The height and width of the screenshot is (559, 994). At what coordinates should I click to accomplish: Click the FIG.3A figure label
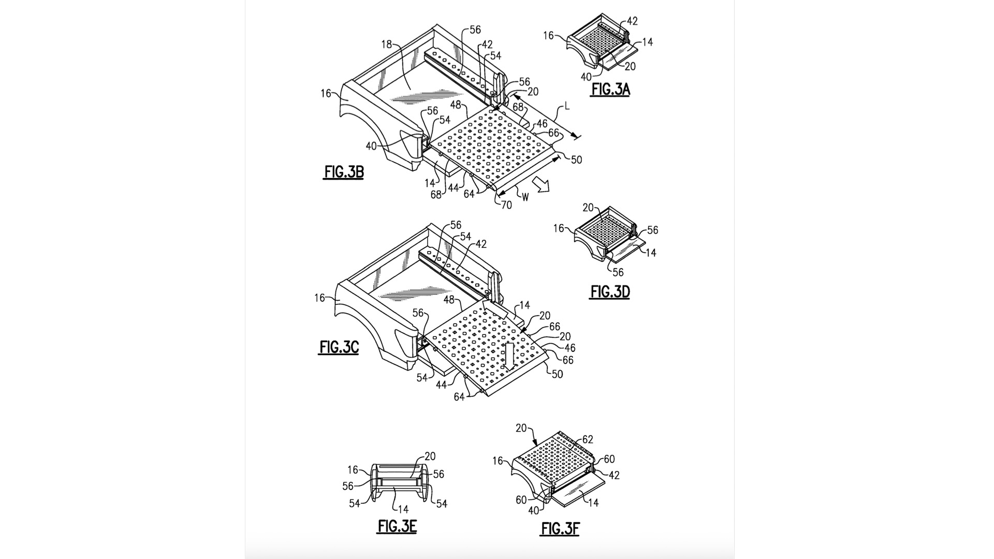(x=610, y=90)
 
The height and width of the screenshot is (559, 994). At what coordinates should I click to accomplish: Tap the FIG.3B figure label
(x=344, y=172)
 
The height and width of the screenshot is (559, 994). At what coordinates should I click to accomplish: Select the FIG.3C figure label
(x=339, y=347)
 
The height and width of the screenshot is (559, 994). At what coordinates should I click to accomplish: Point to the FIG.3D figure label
(x=610, y=292)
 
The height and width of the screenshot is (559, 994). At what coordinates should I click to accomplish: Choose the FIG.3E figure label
(x=397, y=526)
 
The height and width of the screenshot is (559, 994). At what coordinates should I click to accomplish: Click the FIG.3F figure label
(x=561, y=528)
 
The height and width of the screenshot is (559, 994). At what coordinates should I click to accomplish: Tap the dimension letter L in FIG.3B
(x=567, y=107)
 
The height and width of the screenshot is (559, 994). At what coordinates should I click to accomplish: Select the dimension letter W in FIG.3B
(x=525, y=197)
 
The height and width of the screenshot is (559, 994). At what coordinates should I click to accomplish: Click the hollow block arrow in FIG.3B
(x=543, y=184)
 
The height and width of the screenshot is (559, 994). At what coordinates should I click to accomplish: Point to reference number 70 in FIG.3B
(x=506, y=205)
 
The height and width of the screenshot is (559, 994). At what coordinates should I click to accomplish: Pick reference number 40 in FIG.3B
(x=371, y=146)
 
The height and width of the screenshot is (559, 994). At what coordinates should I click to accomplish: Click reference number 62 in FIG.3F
(x=588, y=440)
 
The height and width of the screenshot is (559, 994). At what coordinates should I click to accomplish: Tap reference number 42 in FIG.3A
(x=632, y=21)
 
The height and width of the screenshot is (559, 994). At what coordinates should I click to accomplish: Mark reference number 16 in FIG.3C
(x=319, y=298)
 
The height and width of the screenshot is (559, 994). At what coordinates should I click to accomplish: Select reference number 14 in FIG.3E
(x=403, y=510)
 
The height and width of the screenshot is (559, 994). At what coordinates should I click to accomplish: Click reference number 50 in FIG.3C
(x=558, y=374)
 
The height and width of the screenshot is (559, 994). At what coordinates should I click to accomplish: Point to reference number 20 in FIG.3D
(x=588, y=208)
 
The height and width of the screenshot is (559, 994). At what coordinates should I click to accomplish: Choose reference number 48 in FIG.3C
(x=449, y=300)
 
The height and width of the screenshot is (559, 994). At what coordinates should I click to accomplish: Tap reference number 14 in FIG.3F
(x=593, y=503)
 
